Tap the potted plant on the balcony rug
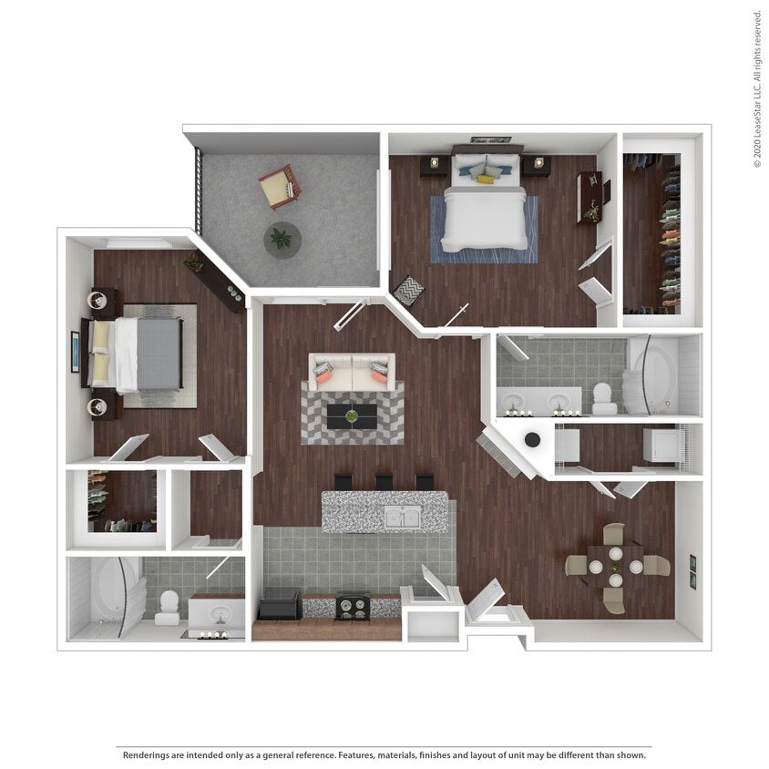tap(282, 240)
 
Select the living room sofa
tap(352, 371)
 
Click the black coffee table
tap(352, 416)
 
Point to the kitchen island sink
tap(400, 516)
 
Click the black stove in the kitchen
tap(352, 606)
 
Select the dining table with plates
tap(615, 567)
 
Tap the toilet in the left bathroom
tap(168, 608)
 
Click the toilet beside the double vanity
tap(602, 398)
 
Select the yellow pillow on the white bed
tap(486, 179)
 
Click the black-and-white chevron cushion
tap(407, 291)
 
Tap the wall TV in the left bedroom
tap(75, 352)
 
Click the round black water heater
tap(532, 440)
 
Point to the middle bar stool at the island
tap(384, 481)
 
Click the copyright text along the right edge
tap(756, 88)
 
